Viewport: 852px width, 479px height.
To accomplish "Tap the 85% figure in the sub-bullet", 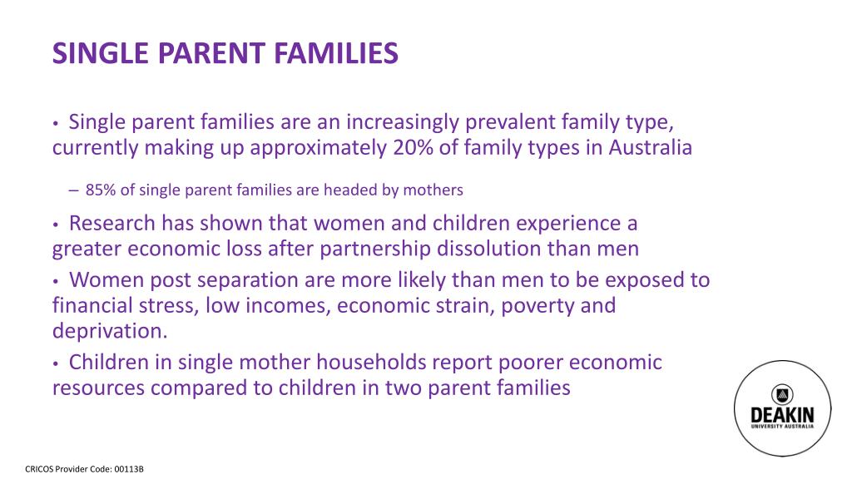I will click(101, 190).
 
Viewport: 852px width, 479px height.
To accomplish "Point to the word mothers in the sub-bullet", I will click(433, 190).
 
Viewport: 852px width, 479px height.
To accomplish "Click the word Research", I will click(112, 224).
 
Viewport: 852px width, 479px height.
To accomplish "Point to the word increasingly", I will click(401, 123).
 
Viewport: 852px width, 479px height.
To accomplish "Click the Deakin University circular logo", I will click(782, 409).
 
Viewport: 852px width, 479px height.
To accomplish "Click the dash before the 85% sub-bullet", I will click(74, 190).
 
